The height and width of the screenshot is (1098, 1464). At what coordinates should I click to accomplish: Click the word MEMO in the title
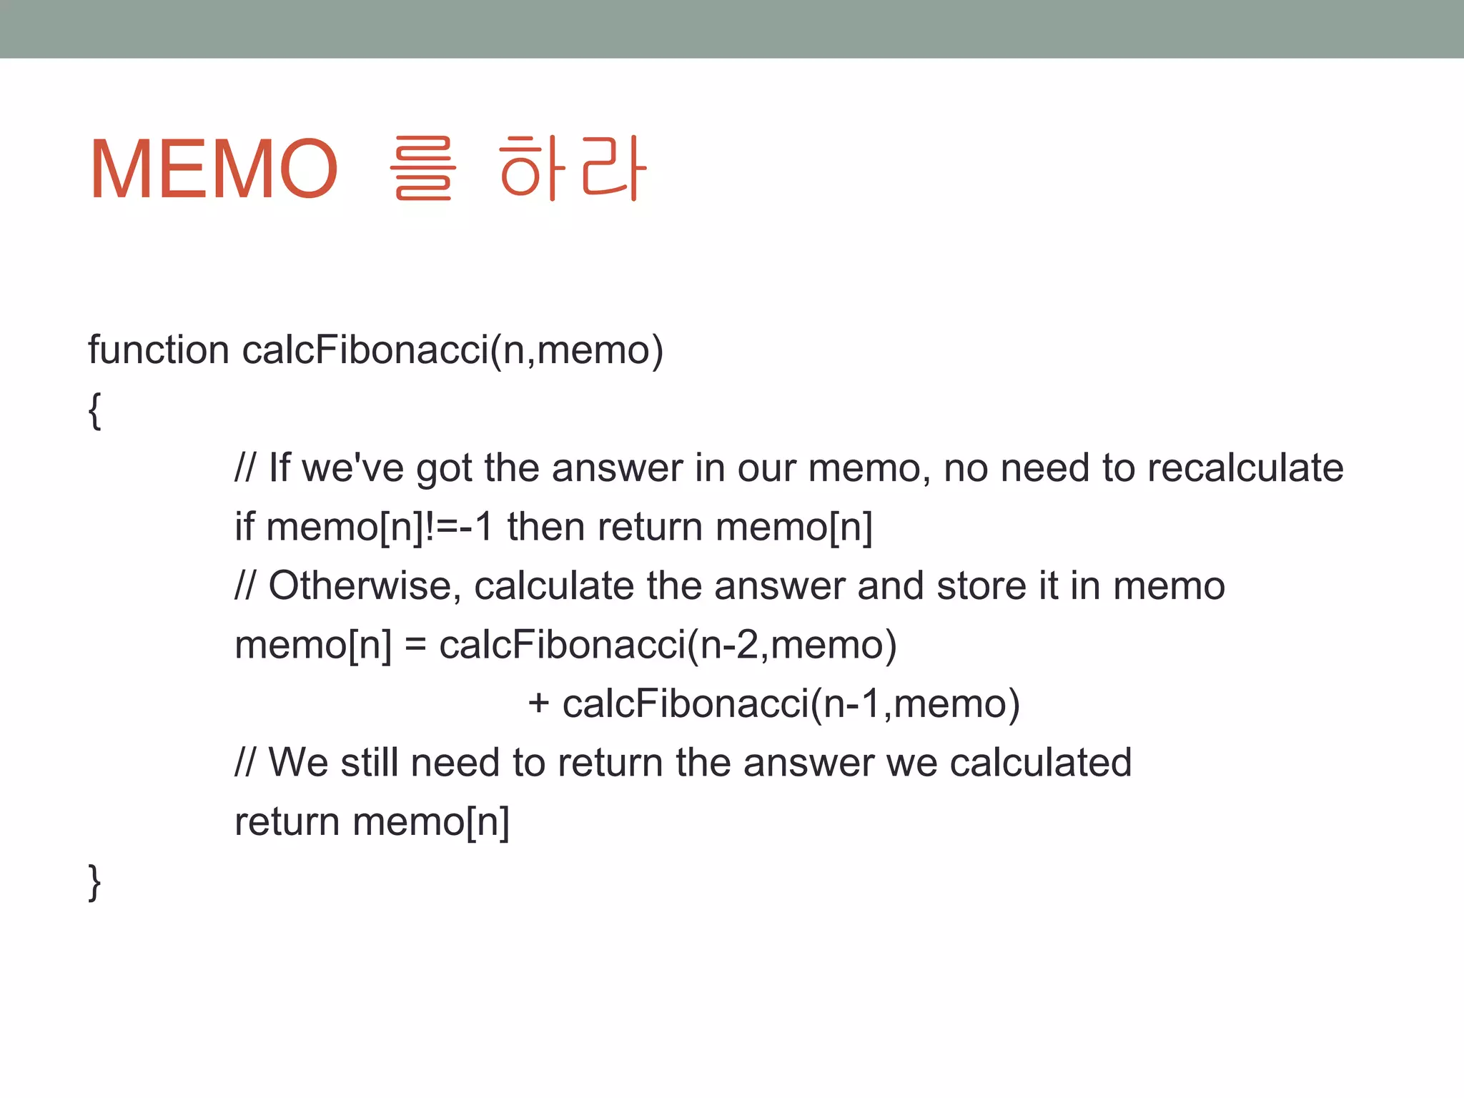[213, 169]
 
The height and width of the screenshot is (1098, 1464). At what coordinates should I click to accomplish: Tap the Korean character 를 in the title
[422, 169]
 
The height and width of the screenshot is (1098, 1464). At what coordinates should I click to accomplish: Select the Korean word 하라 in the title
[573, 169]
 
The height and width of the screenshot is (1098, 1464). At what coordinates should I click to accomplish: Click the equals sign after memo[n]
[415, 646]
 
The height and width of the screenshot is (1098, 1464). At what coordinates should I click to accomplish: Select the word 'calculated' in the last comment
[1041, 763]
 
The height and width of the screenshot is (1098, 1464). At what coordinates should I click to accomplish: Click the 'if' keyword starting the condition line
[244, 527]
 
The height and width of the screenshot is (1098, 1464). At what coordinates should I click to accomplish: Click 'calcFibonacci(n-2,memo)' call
[668, 646]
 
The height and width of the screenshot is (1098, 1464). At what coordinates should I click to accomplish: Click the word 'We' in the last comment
[298, 763]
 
